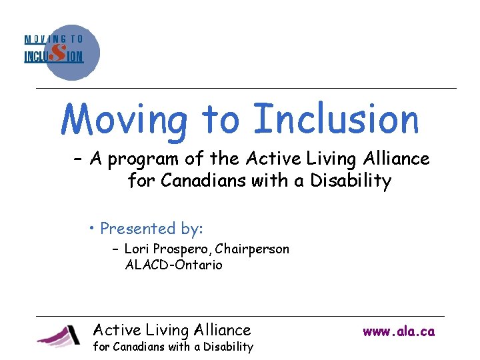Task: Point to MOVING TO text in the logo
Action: pyautogui.click(x=54, y=39)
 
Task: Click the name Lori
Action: pyautogui.click(x=137, y=249)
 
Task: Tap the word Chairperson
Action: pyautogui.click(x=254, y=249)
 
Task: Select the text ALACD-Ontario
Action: pyautogui.click(x=173, y=265)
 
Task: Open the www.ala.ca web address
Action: pyautogui.click(x=399, y=331)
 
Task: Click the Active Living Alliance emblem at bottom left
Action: pyautogui.click(x=59, y=335)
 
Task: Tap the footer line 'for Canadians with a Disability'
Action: pyautogui.click(x=173, y=347)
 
